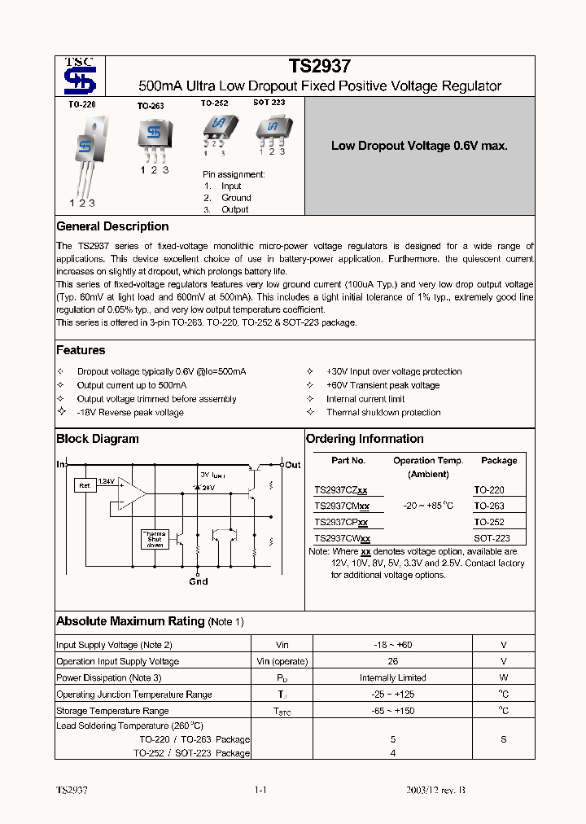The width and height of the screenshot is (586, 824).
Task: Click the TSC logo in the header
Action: (x=80, y=77)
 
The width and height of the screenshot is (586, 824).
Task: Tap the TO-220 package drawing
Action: (x=85, y=155)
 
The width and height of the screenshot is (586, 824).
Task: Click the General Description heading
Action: (x=112, y=226)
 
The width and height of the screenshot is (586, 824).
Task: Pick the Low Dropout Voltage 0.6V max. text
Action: (x=419, y=146)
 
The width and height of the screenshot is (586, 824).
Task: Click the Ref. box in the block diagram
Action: (x=84, y=485)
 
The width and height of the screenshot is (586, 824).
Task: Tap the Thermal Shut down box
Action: (x=155, y=539)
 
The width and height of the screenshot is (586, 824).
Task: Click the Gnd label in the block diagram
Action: (x=198, y=581)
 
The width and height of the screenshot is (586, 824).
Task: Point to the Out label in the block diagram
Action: (x=292, y=465)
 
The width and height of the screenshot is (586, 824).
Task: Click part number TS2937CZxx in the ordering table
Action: (x=341, y=490)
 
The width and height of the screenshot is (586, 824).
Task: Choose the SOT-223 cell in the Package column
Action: (x=492, y=539)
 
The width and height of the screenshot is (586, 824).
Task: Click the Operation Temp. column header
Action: (x=427, y=461)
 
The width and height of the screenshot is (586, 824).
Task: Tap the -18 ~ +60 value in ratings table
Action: (x=393, y=645)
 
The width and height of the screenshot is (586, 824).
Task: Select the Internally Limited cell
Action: (x=393, y=677)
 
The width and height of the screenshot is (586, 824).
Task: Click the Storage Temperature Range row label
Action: (x=112, y=711)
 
